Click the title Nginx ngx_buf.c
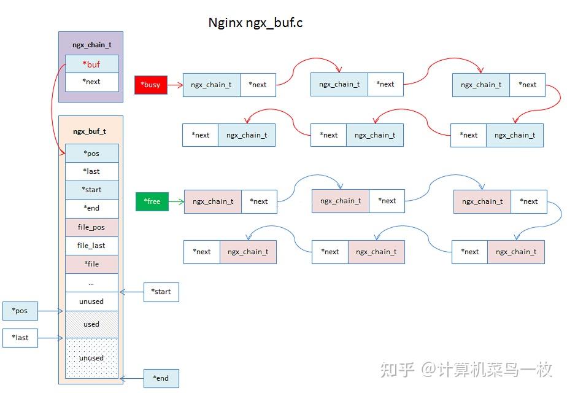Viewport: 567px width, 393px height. [256, 23]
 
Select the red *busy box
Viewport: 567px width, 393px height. [150, 85]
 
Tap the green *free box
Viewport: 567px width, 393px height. [152, 201]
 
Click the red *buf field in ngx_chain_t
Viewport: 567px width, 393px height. [91, 64]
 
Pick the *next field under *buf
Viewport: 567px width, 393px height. [91, 82]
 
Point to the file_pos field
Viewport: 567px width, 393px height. [91, 227]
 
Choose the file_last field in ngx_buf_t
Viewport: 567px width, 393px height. [91, 246]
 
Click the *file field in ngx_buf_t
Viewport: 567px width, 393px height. [91, 264]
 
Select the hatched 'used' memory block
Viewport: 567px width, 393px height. [91, 324]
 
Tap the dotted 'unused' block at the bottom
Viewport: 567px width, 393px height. [91, 357]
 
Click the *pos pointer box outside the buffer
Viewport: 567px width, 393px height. [20, 311]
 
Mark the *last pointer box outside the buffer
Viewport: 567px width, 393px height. [20, 338]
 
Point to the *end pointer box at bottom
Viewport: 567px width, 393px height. [161, 378]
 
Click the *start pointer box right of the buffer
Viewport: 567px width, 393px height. [161, 292]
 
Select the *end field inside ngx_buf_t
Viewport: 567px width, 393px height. [91, 208]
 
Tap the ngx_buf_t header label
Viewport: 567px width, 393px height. [90, 131]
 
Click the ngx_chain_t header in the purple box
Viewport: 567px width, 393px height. [91, 45]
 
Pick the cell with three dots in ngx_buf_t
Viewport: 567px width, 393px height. [91, 283]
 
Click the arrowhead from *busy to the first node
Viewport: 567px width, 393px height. [180, 85]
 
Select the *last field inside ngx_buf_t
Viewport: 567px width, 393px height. [91, 171]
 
